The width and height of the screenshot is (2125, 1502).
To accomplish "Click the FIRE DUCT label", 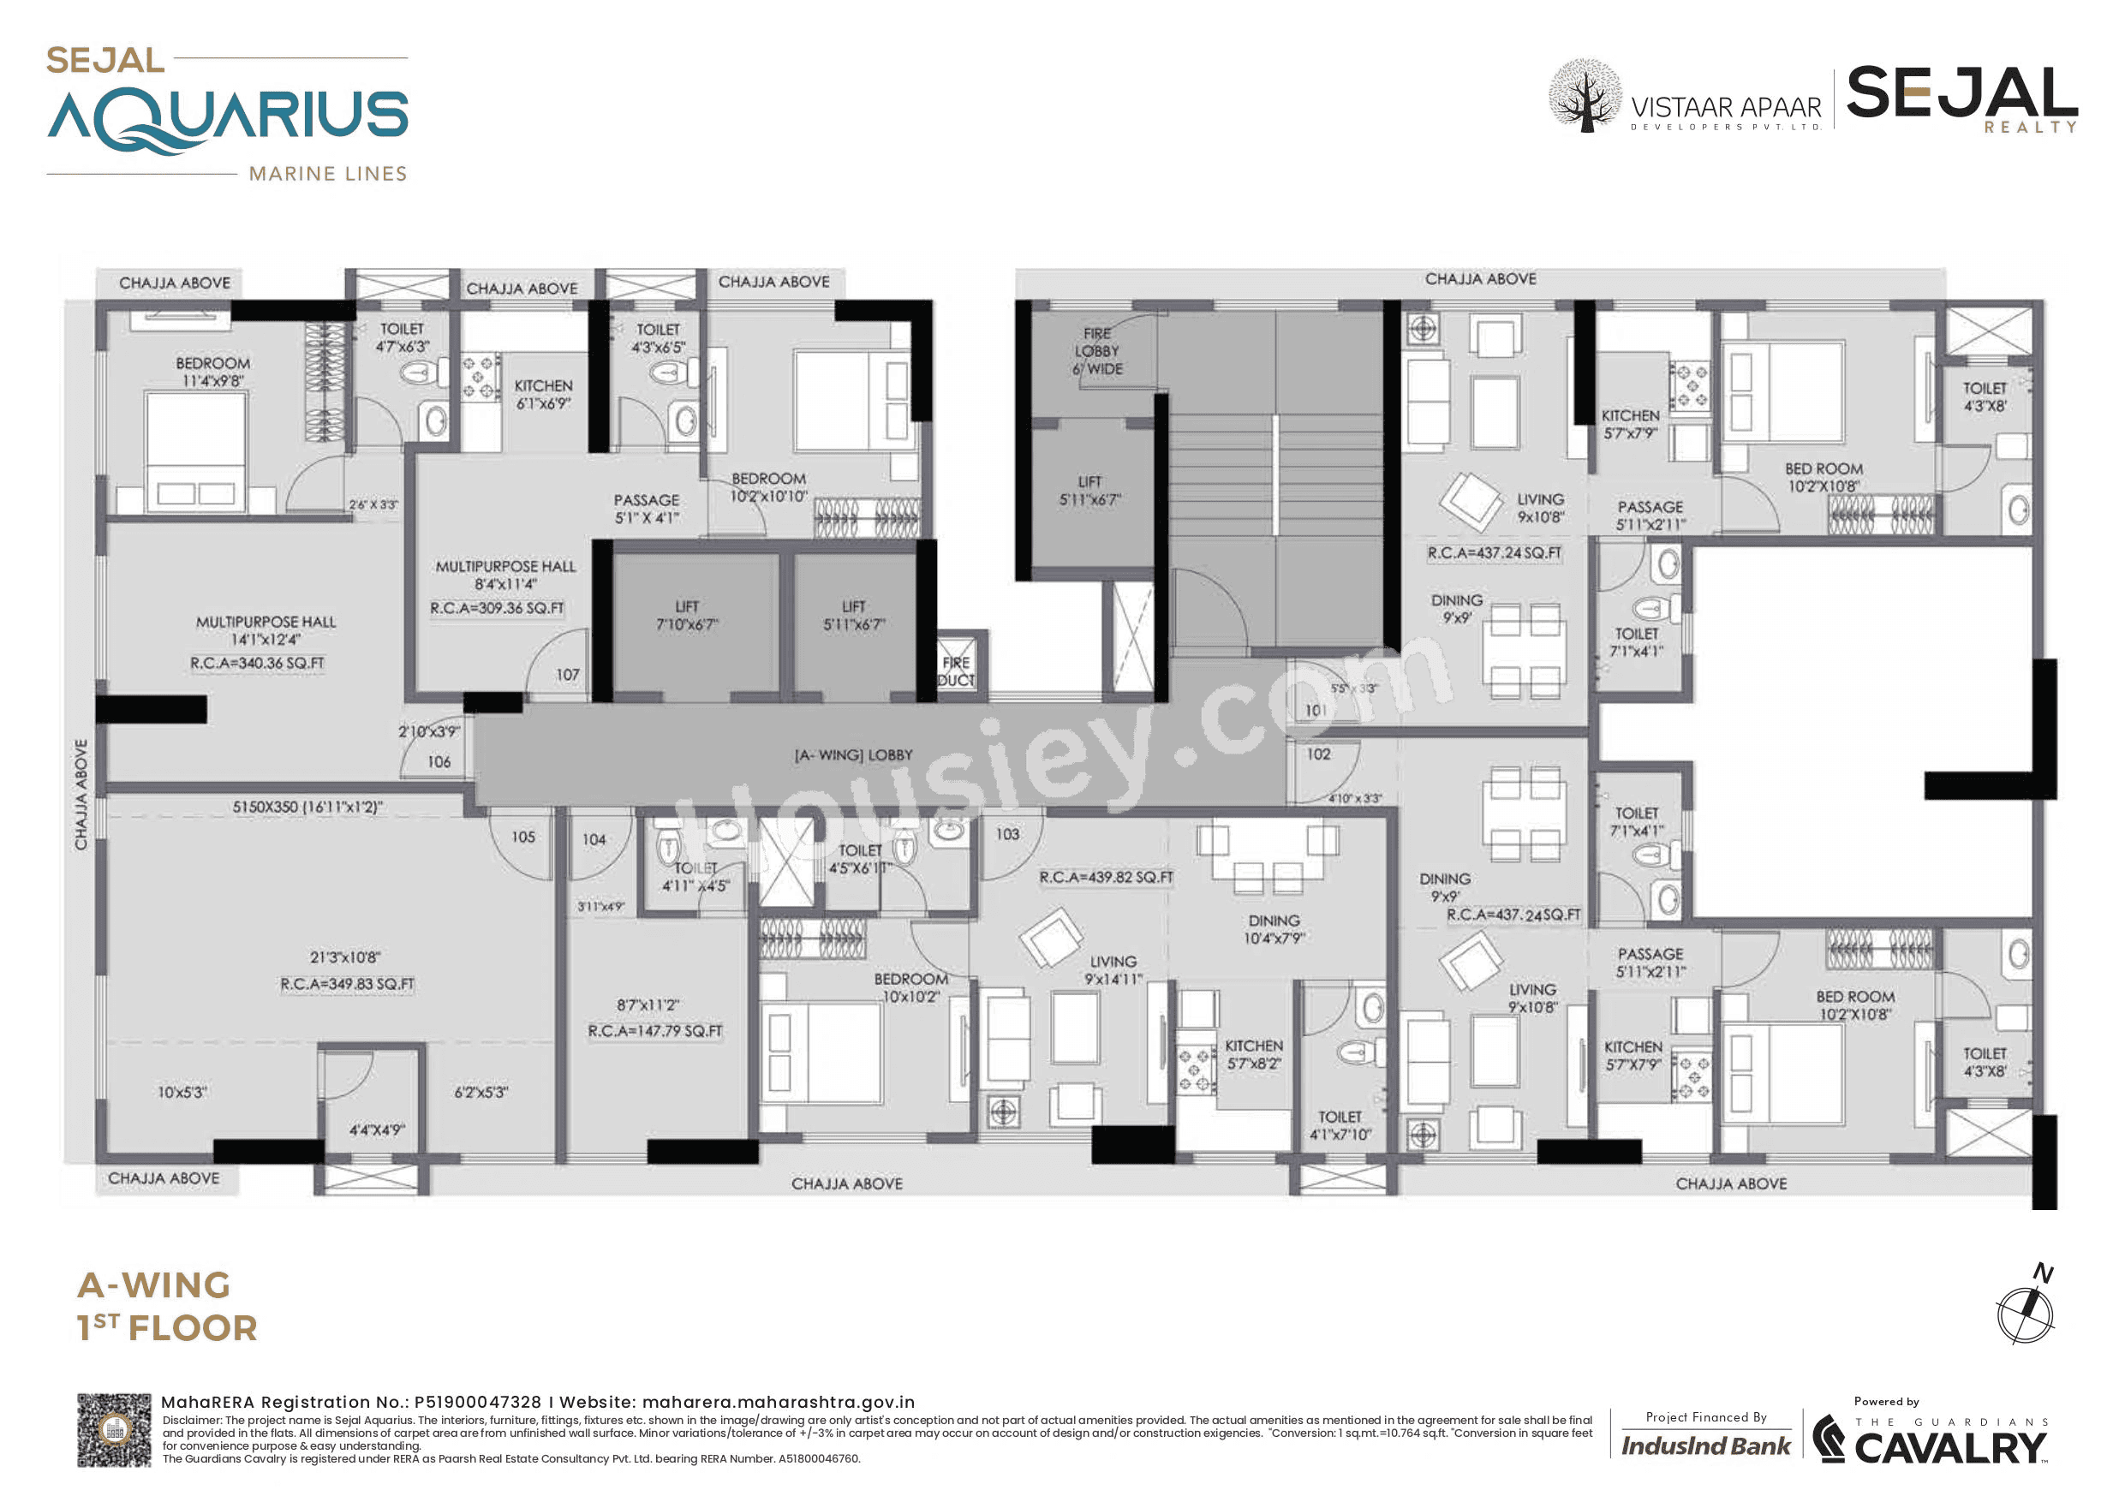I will coord(955,671).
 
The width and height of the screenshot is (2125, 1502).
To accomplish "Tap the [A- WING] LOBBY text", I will coord(853,755).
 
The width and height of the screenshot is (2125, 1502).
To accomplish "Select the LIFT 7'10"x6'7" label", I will coord(687,616).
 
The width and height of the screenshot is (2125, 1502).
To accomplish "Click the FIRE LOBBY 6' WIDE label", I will coord(1098,351).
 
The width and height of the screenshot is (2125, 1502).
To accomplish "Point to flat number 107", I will coord(567,675).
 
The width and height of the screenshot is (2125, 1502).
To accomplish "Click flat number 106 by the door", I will coord(439,761).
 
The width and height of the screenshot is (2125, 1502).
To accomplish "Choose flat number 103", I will coord(1007,834).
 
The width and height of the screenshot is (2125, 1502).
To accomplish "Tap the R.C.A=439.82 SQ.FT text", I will coord(1106,876).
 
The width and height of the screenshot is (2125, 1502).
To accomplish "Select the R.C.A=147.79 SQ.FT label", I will coord(655,1031).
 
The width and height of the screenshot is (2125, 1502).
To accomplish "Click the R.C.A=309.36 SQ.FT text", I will coord(497,608).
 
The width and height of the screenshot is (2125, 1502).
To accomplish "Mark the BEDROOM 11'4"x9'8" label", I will coord(213,371).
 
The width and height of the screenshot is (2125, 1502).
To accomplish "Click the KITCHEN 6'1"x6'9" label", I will coord(543,394).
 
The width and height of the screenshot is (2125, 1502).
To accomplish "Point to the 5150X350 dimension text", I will coord(307,807).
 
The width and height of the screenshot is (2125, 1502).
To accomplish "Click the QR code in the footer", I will coord(114,1430).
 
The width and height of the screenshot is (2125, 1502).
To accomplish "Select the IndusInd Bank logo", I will coord(1705,1445).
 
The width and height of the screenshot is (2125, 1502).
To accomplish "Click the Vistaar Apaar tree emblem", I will coord(1585,96).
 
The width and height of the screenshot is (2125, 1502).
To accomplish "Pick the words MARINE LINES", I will coord(328,174).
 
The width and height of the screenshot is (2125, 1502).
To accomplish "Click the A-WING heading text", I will coord(153,1284).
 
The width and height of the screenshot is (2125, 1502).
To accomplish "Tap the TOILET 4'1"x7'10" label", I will coord(1340,1125).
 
